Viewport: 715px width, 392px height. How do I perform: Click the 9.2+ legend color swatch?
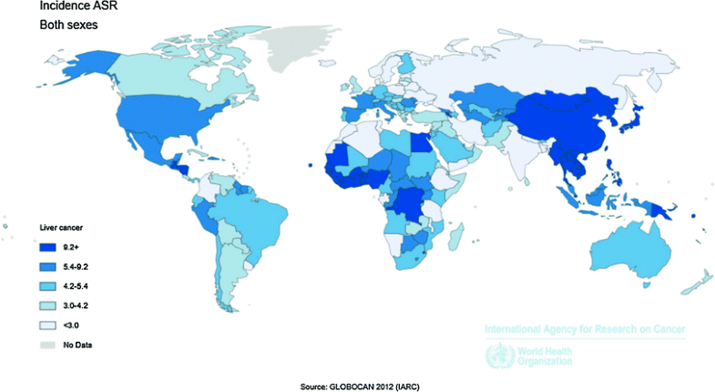pos(49,246)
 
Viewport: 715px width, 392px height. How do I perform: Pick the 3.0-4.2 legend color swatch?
pos(49,304)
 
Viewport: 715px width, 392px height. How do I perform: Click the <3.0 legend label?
pos(70,325)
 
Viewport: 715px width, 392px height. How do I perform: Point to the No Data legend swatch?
pos(49,345)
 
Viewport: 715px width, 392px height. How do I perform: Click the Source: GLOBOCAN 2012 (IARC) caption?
pos(359,387)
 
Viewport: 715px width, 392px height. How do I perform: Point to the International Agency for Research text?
pos(584,328)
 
